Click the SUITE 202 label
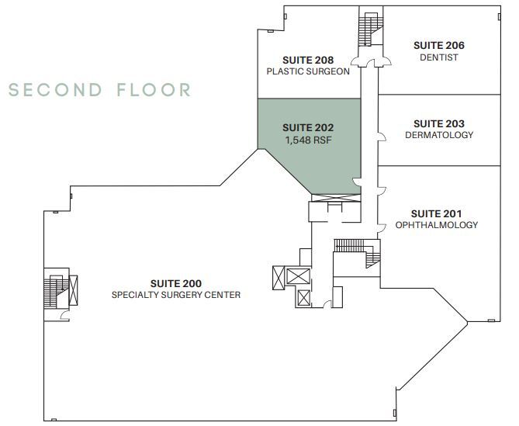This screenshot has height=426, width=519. coord(308,128)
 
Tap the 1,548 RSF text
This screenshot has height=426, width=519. coord(308,140)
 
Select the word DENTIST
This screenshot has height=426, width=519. coord(439,57)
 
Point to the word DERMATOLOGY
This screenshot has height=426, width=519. coord(439,135)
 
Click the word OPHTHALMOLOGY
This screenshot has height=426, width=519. coord(437,225)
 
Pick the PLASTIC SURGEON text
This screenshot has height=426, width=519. coord(308,71)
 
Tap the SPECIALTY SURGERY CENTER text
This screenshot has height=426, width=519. coord(176,295)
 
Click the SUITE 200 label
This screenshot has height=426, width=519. coord(176,284)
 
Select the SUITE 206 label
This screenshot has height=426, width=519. coord(439,45)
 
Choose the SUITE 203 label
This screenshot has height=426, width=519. coord(439,124)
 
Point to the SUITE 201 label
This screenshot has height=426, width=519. coord(436,214)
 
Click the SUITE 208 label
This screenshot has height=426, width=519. coord(308,61)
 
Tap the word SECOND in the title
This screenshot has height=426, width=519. coord(55,90)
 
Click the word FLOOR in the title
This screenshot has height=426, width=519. coord(154,90)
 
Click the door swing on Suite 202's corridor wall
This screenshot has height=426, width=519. coord(357,182)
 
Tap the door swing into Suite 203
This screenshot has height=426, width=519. coord(382,137)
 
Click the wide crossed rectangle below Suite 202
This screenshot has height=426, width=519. coord(336,198)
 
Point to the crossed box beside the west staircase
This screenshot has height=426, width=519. coord(73,290)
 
